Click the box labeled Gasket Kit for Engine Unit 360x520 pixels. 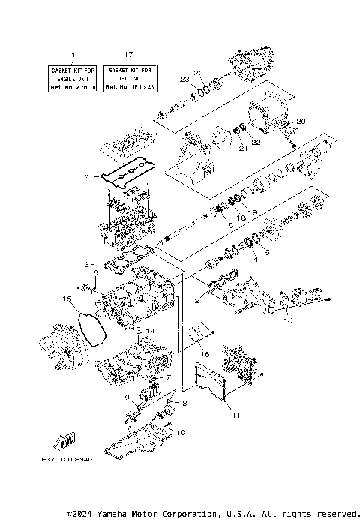click(x=73, y=77)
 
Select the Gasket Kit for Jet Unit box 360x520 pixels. click(x=128, y=77)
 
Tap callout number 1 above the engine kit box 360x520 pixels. click(x=73, y=55)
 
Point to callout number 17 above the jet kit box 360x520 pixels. click(x=128, y=55)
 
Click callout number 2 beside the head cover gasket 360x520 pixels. click(x=87, y=177)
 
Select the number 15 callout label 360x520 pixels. click(x=67, y=299)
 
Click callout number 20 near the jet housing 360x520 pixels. click(x=302, y=121)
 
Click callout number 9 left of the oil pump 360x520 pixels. click(x=127, y=396)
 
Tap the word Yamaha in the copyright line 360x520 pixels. click(x=116, y=514)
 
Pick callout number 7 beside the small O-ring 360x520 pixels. click(x=169, y=377)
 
